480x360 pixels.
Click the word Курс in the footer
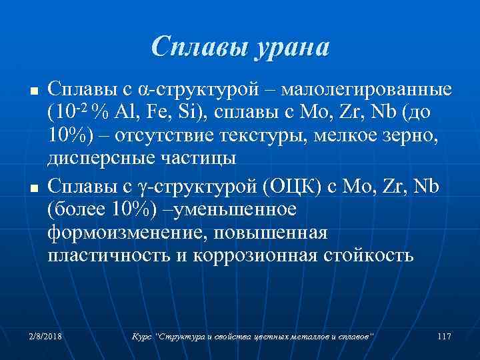142,337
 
